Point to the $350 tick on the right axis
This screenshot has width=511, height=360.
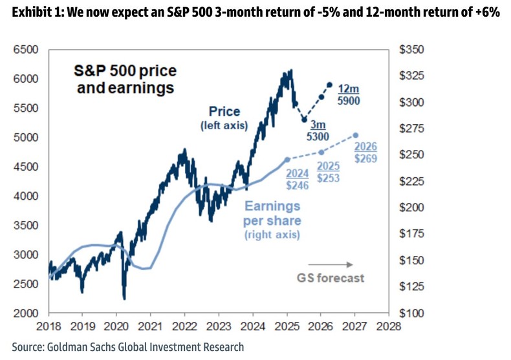411,49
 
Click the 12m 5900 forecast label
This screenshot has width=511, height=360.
349,95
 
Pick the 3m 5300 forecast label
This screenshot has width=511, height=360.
318,130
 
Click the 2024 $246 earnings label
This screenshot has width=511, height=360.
298,179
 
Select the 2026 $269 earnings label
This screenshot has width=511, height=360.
365,152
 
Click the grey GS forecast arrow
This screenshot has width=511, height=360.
330,264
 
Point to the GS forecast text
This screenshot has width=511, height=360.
331,278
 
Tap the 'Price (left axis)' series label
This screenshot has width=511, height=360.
224,118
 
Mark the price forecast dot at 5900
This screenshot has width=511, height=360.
330,85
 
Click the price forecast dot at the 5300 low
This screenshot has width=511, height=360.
304,120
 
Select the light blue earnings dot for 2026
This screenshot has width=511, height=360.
355,136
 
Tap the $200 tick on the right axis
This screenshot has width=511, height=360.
411,207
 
